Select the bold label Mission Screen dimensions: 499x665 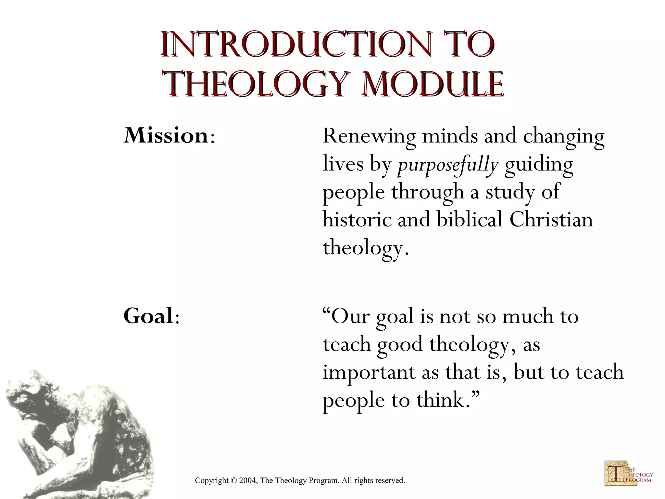click(166, 136)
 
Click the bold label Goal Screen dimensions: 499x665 click(148, 316)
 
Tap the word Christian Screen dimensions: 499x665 click(551, 220)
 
